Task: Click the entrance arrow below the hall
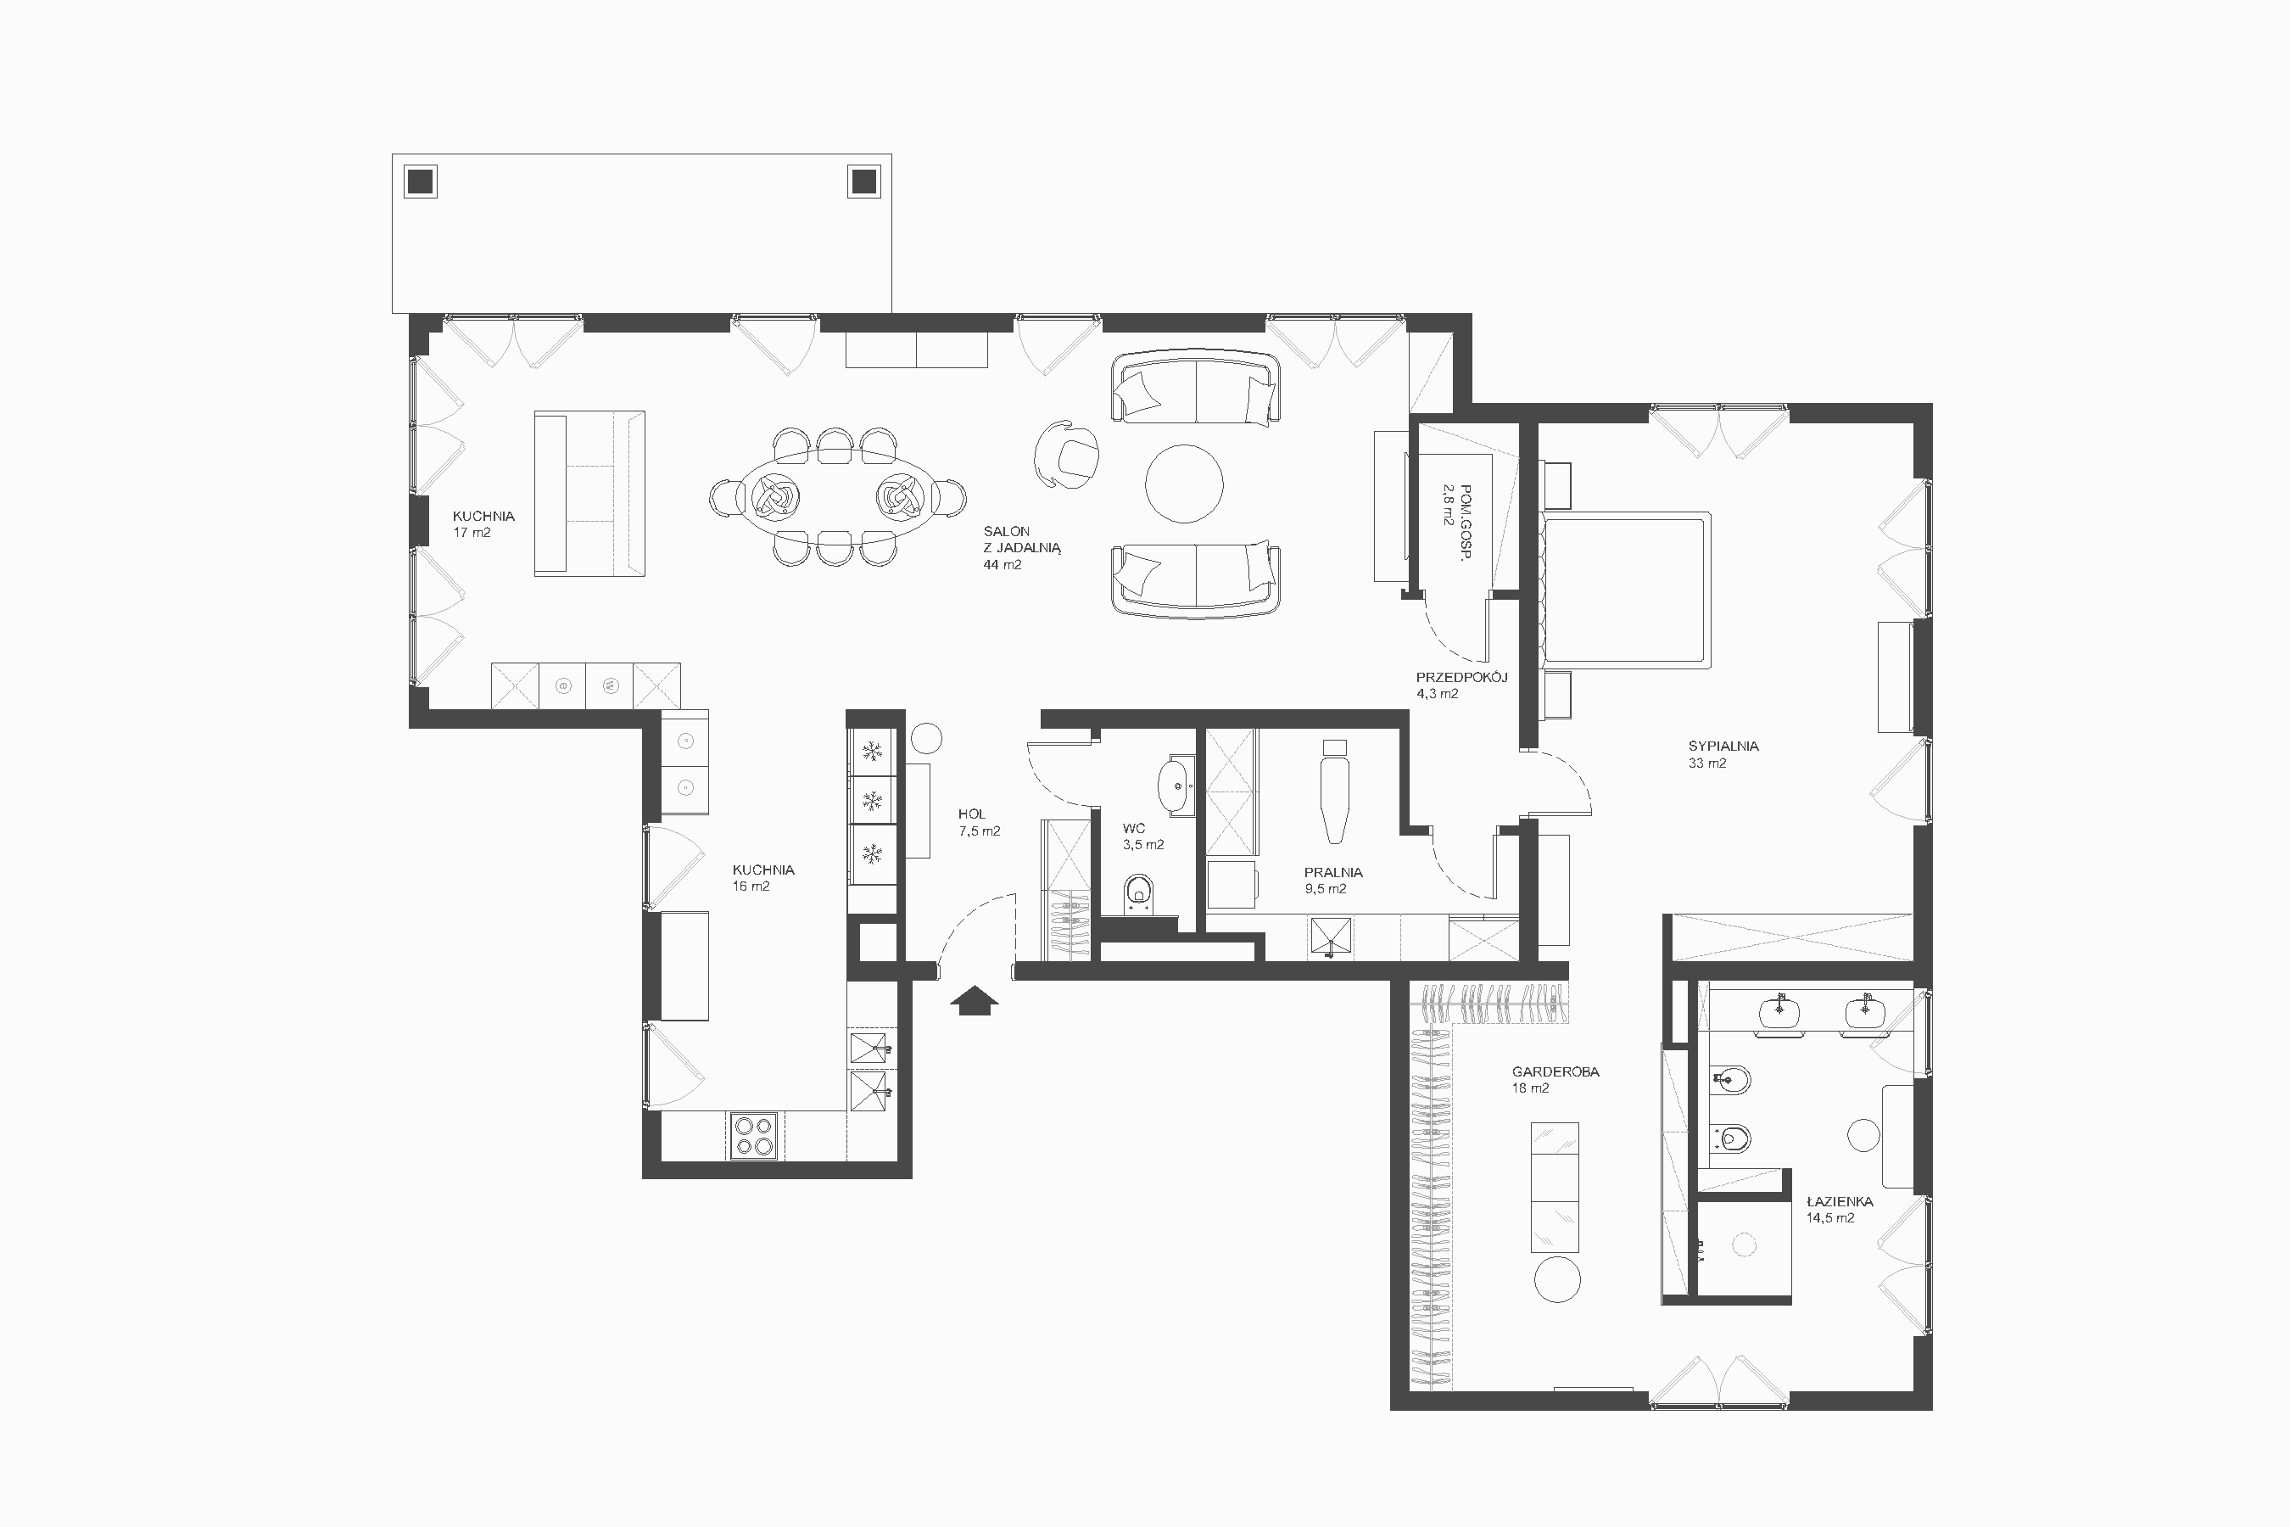[x=974, y=1000]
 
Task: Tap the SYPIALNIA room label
[x=1723, y=746]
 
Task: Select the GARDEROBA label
[x=1555, y=1071]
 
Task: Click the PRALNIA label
[x=1333, y=873]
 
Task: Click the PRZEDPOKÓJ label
[x=1461, y=677]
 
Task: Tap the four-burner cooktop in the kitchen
[x=755, y=1136]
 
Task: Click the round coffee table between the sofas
[x=1184, y=484]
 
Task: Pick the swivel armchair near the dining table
[x=1067, y=454]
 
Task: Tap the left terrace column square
[x=421, y=182]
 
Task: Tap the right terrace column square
[x=863, y=182]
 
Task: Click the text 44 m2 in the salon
[x=1003, y=565]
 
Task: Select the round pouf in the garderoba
[x=1558, y=1278]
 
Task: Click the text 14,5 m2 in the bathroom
[x=1830, y=1217]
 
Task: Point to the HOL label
[x=972, y=814]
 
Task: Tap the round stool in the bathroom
[x=1863, y=1136]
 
